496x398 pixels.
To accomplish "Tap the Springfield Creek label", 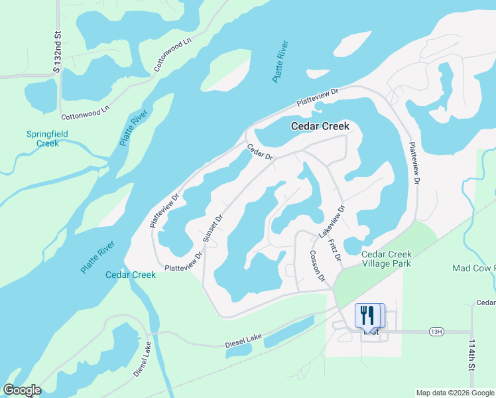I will coord(47,139).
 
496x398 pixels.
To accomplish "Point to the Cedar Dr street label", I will coord(260,153).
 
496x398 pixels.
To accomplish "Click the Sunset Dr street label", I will coord(214,229).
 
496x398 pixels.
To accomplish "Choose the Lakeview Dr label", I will coord(332,222).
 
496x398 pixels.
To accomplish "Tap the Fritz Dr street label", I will coord(334,249).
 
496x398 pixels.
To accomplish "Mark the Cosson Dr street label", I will coord(316,266).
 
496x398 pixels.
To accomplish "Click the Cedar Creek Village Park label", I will coord(386,259).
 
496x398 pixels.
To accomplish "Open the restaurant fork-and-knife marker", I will coord(370,314).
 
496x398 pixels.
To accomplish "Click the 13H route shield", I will coord(435,332).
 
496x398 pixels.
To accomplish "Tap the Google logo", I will coord(22,390).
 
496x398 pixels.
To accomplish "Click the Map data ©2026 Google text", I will coord(455,393).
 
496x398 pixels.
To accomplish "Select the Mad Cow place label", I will coord(473,268).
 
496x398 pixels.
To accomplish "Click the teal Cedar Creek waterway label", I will coord(131,275).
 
